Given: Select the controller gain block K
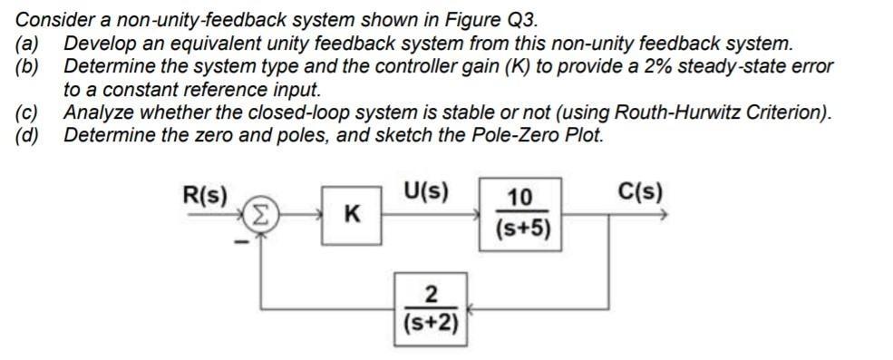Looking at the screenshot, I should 349,215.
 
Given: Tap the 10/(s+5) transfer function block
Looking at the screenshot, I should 521,214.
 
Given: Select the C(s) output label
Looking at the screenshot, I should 640,192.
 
